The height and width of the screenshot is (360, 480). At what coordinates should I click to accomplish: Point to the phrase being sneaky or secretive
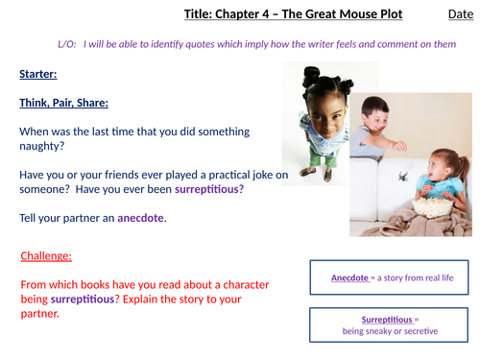tap(391, 331)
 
